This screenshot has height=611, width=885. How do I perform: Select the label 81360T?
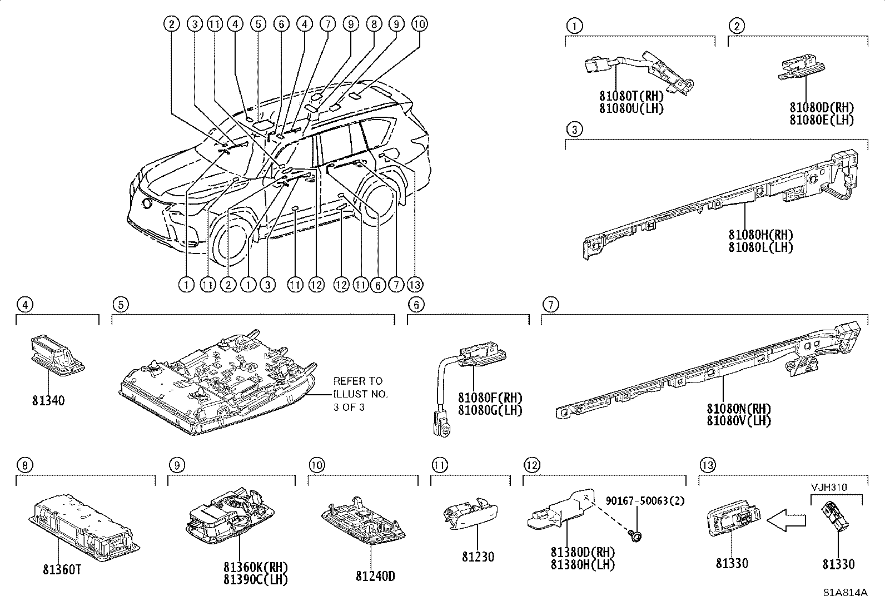[62, 570]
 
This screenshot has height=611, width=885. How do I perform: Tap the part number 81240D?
[375, 576]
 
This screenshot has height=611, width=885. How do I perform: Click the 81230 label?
[478, 557]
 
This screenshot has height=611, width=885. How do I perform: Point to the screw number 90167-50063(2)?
[645, 501]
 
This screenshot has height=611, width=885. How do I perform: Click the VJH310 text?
[828, 488]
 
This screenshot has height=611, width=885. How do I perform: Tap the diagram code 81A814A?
[845, 592]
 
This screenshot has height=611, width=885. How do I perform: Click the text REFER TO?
[357, 381]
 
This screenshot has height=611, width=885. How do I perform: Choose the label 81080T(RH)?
[632, 97]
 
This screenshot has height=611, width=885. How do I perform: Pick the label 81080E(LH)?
[822, 119]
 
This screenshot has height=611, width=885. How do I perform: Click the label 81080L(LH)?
[760, 247]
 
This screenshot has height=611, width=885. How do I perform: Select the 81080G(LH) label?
[490, 410]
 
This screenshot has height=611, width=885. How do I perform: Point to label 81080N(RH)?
[739, 409]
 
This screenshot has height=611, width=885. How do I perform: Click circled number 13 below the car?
[415, 285]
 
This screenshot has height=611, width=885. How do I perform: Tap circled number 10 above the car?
[419, 24]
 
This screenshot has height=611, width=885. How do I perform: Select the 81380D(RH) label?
[583, 553]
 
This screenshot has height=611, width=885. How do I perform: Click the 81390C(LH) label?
[255, 579]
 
